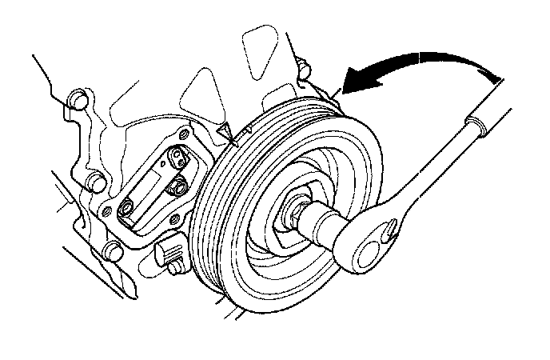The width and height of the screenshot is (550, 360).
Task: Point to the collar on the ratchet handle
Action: (x=476, y=127)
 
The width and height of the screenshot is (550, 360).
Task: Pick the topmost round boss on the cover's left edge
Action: (x=77, y=100)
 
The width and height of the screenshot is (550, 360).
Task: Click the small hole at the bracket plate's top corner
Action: (x=185, y=133)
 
